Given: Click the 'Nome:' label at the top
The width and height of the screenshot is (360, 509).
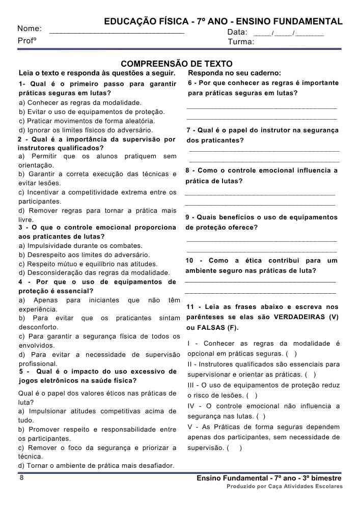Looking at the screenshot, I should (30, 29).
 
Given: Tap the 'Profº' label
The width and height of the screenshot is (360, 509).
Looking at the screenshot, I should (27, 41).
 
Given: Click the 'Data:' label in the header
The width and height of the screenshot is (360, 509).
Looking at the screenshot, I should (237, 33).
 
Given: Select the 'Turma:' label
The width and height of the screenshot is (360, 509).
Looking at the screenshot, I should (241, 42).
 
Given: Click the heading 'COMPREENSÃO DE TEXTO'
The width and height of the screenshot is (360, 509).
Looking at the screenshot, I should (177, 64).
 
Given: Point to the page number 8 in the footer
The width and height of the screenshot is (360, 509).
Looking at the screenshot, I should (21, 478).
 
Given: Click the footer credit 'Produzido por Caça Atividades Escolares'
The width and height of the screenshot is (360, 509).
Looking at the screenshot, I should (285, 487).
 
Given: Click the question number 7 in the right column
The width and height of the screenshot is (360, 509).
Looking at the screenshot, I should (188, 130).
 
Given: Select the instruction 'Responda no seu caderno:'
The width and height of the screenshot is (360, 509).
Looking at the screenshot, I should (234, 73).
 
